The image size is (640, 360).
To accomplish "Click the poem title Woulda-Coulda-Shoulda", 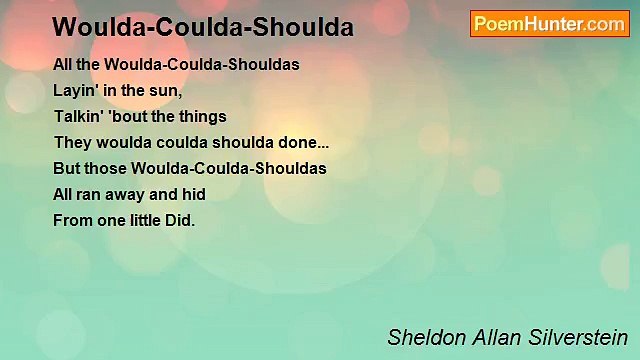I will click(x=203, y=28).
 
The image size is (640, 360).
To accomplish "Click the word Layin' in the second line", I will click(x=74, y=90).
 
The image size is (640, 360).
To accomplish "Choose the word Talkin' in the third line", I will click(x=78, y=116).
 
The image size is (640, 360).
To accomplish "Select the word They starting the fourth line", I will click(x=71, y=142).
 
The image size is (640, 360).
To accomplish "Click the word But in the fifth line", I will click(x=66, y=168).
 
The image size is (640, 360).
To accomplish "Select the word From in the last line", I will click(x=71, y=220).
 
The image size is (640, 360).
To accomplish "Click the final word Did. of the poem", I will click(x=182, y=220).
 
